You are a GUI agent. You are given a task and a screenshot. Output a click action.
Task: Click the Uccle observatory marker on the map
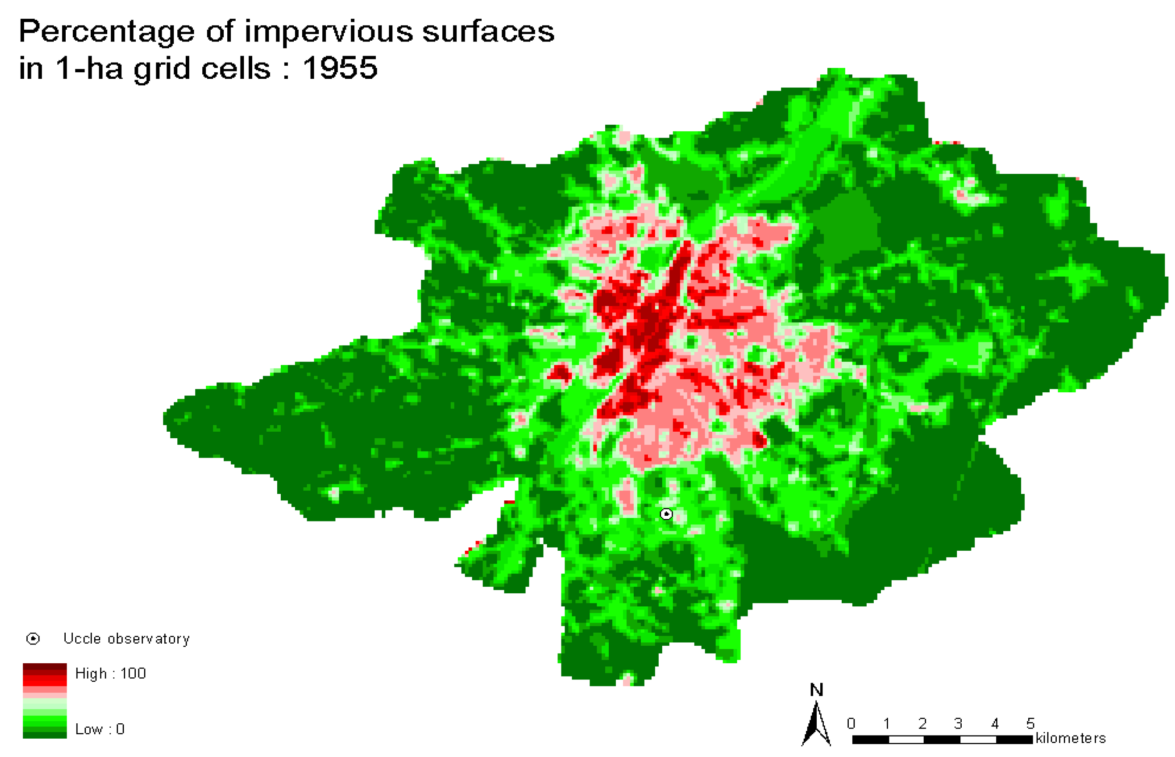coord(666,514)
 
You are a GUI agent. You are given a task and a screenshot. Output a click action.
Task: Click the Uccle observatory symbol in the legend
coord(33,638)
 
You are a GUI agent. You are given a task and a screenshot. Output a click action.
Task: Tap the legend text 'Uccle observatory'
coord(127,638)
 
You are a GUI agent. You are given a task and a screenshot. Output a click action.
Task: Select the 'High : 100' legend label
coord(110,673)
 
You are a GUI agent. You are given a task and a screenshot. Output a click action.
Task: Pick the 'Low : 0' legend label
coord(100,729)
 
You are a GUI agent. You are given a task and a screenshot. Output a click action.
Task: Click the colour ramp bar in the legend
coord(45,701)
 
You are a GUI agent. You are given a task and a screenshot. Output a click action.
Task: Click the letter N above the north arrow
coord(817,690)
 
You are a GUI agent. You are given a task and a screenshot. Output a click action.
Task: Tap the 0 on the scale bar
coord(851,724)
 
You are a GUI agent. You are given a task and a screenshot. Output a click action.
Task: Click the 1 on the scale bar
coord(886,724)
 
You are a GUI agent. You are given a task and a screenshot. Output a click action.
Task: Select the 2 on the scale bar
coord(922,724)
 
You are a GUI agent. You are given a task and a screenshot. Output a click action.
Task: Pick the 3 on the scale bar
coord(958,724)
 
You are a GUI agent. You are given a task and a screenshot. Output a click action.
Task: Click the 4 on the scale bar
coord(995,724)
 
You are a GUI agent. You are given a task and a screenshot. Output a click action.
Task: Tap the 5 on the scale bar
coord(1030,724)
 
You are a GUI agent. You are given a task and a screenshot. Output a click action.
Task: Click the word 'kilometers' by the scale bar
coord(1070,738)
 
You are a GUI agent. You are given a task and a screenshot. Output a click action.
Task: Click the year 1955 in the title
coord(340,68)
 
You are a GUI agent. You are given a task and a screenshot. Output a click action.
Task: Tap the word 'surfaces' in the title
coord(488,32)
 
